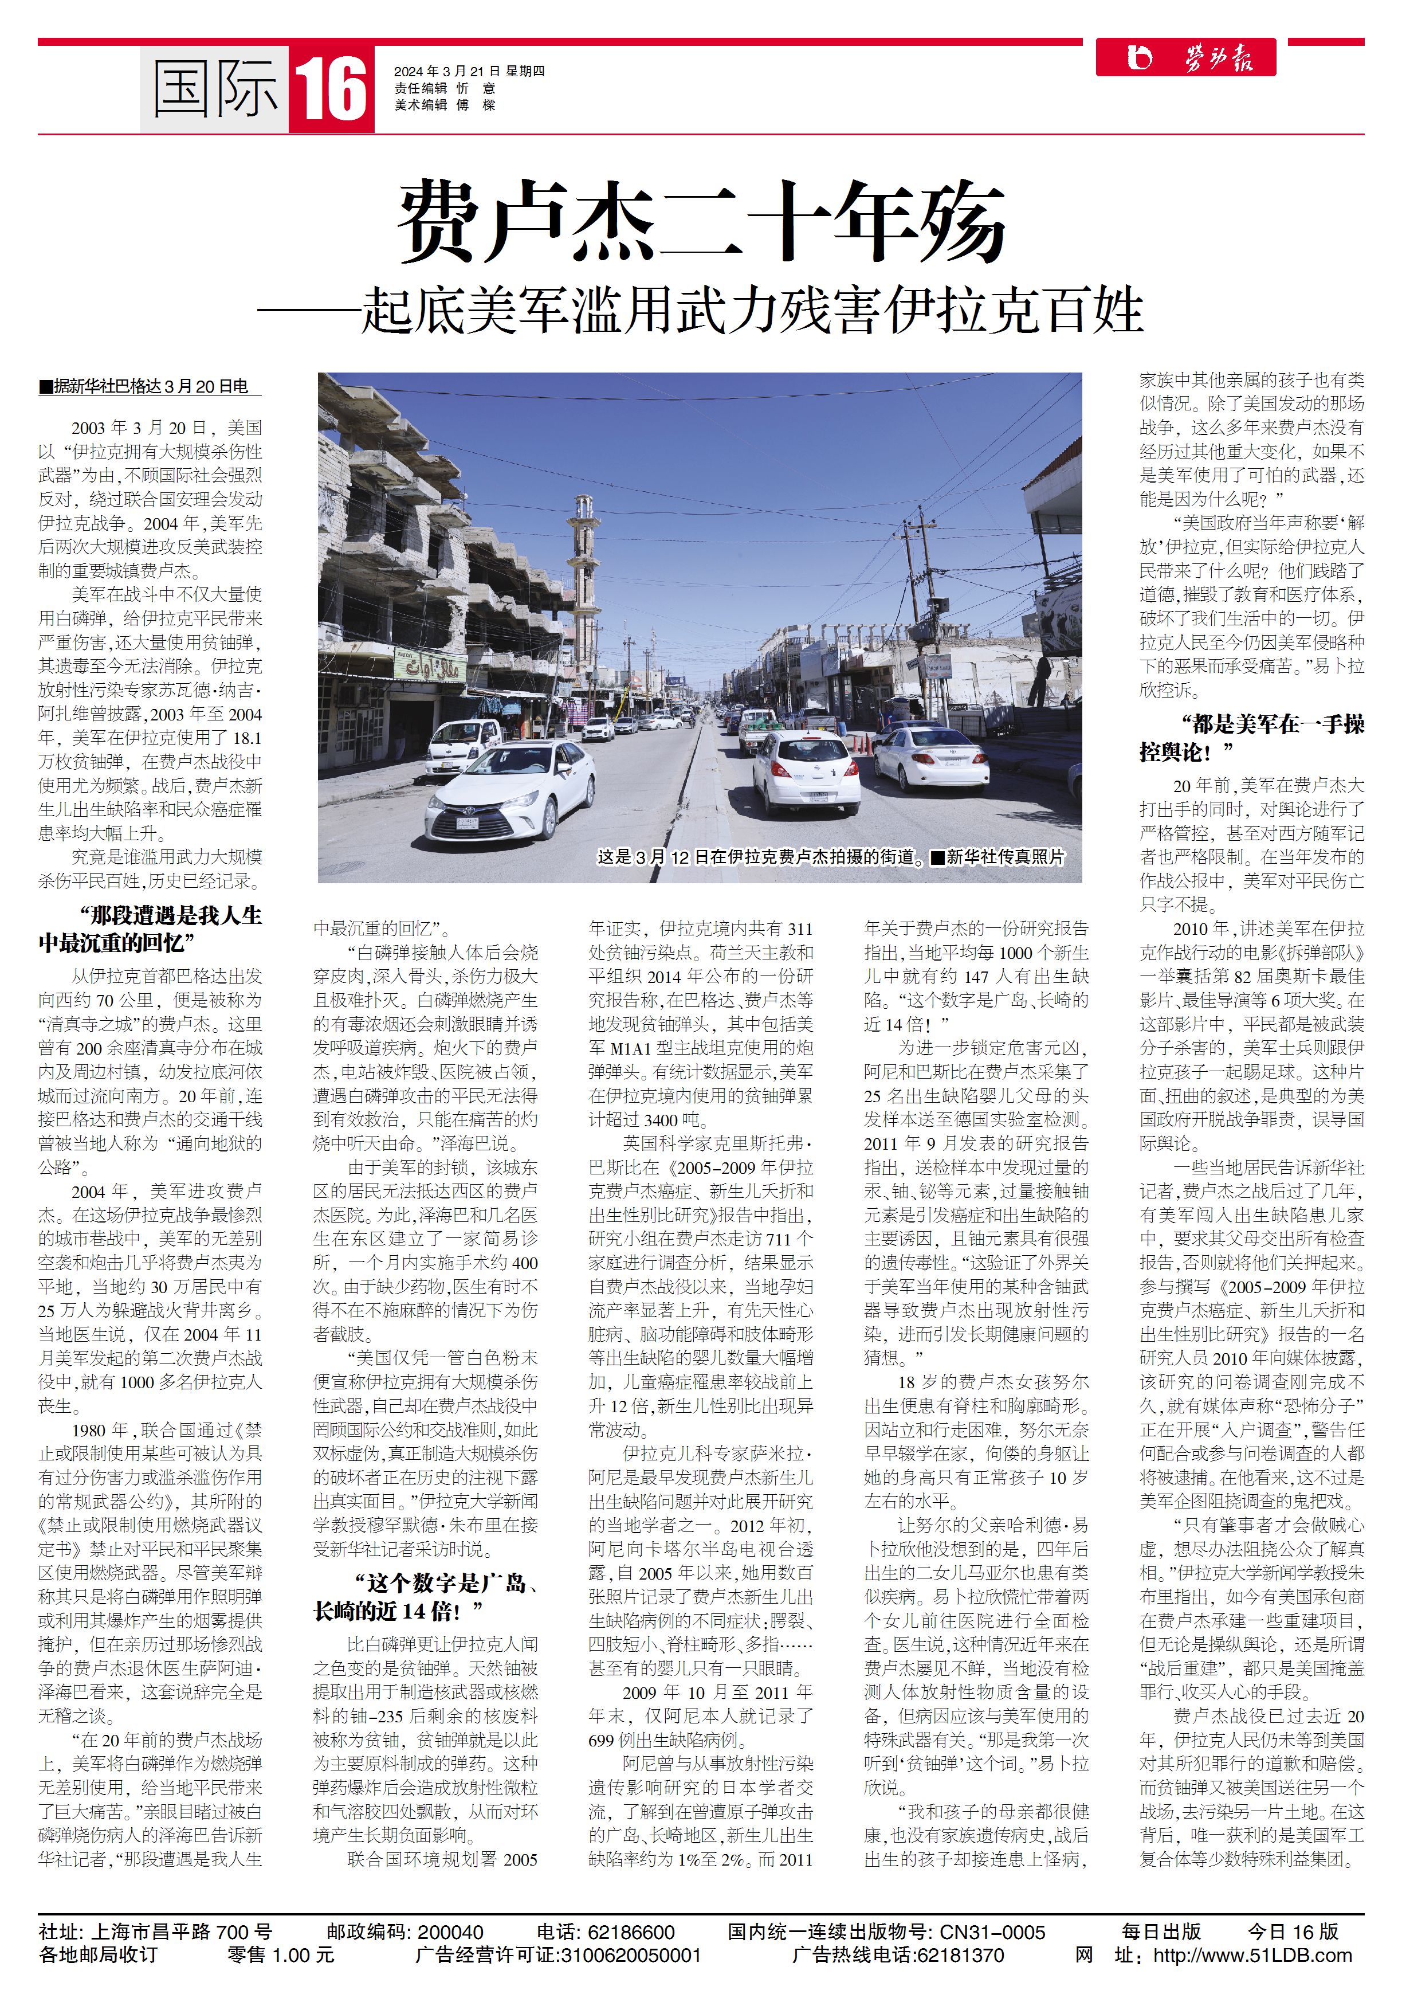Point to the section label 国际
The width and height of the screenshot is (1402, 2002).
pyautogui.click(x=214, y=88)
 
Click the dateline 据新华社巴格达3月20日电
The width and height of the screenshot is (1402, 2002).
pyautogui.click(x=150, y=386)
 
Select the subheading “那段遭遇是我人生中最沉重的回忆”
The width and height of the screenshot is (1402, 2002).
pyautogui.click(x=150, y=928)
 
